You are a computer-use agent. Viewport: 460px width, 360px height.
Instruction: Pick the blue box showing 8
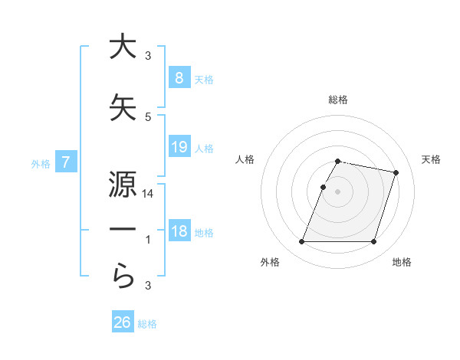(x=179, y=77)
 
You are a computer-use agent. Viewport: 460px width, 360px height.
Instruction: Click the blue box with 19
(x=179, y=146)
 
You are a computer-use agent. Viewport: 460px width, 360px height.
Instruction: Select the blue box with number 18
(x=179, y=231)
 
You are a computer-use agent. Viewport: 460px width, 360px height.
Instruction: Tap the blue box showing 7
(x=66, y=162)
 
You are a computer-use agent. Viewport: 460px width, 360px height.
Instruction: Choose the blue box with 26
(x=123, y=322)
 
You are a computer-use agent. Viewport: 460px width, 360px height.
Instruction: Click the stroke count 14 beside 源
(x=148, y=195)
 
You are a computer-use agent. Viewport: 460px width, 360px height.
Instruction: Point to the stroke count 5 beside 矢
(x=148, y=116)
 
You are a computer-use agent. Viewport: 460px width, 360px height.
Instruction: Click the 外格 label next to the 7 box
(x=40, y=163)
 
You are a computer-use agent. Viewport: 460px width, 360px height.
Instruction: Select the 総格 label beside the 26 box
(x=147, y=324)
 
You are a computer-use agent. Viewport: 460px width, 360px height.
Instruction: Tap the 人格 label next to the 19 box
(x=204, y=148)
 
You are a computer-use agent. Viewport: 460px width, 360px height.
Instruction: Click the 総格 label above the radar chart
(x=338, y=100)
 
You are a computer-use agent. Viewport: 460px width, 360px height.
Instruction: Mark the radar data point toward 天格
(x=396, y=172)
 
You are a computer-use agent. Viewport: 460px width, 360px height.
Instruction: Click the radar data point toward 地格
(x=373, y=242)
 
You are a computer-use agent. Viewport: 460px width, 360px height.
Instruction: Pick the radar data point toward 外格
(x=302, y=242)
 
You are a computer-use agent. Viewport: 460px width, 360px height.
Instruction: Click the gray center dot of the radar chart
(x=338, y=191)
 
